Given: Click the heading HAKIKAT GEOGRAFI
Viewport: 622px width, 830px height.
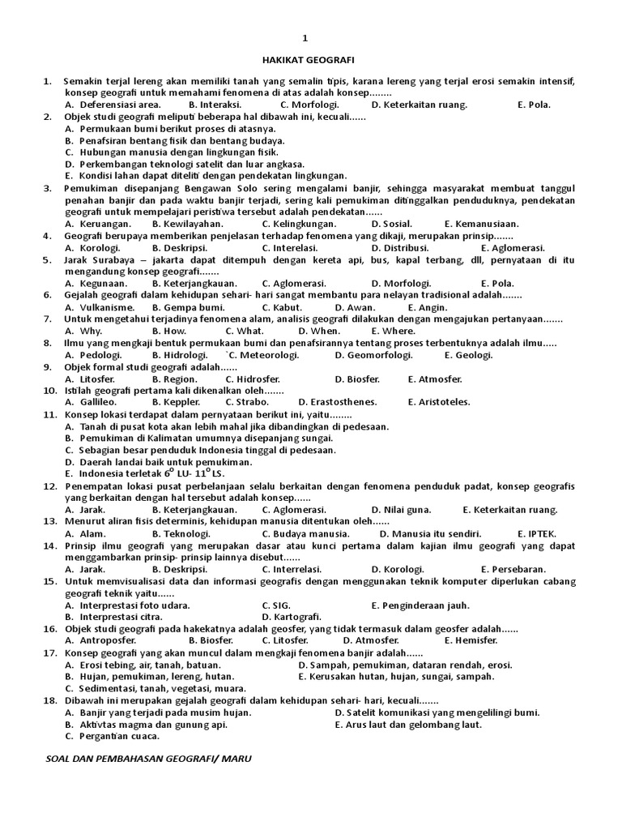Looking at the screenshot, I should [309, 59].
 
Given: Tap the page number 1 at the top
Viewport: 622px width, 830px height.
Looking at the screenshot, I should [305, 38].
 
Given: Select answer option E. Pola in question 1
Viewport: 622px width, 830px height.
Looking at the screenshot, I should [533, 105].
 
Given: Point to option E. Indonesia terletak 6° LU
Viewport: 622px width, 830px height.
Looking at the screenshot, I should [142, 473].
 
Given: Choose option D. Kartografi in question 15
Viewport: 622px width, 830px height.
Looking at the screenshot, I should [292, 617].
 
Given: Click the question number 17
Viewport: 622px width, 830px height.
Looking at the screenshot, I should [49, 652].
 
